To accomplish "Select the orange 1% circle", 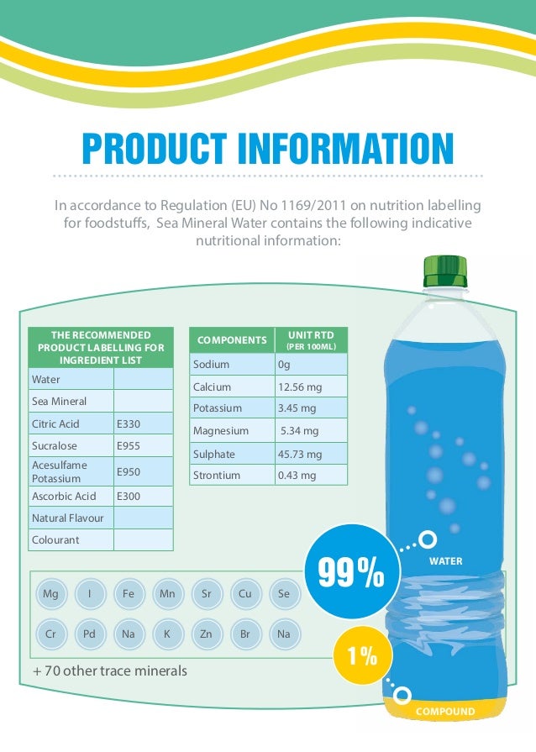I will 362,657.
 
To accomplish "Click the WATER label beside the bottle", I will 445,560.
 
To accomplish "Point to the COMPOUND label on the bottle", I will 445,712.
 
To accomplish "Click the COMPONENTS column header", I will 232,340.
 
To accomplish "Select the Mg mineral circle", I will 50,594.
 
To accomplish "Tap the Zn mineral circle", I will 206,634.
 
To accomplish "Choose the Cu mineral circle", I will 245,594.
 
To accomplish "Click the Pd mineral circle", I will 89,634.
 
